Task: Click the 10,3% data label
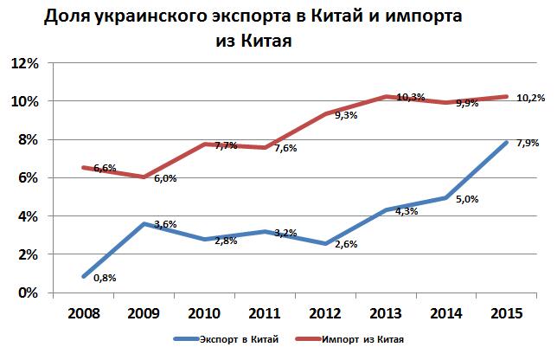coord(410,97)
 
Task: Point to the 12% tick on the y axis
coord(25,64)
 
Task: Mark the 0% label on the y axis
coord(29,292)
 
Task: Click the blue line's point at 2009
coord(141,224)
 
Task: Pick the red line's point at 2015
coord(504,96)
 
